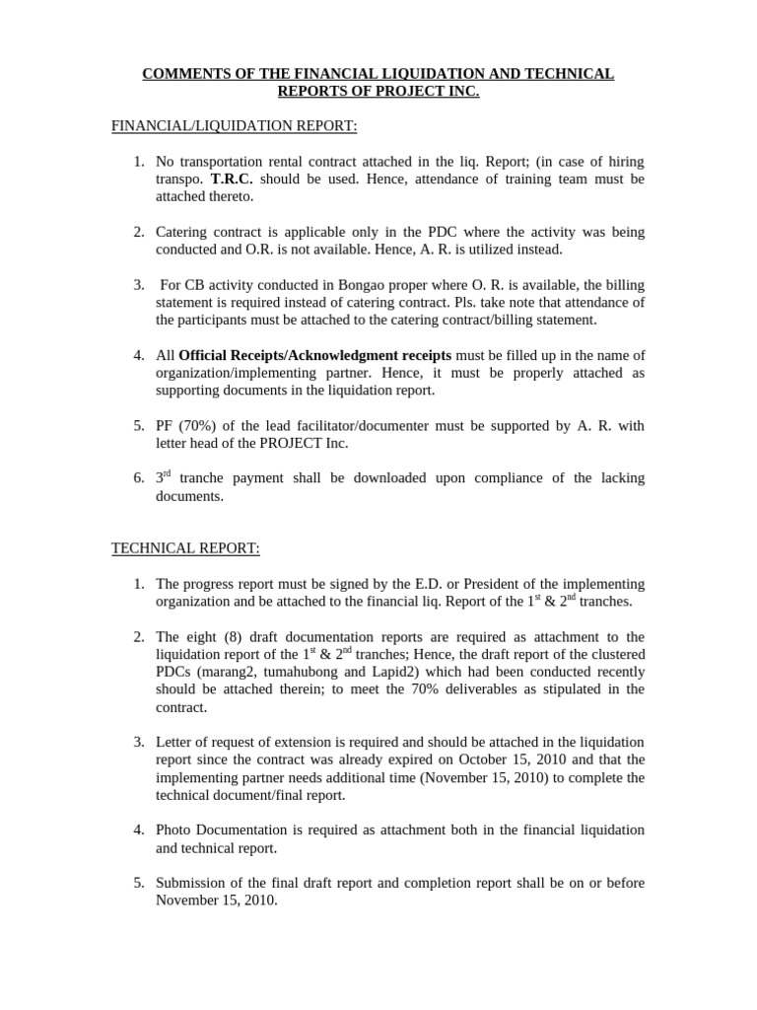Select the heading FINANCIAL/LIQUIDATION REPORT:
point(220,125)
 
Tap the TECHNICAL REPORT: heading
point(185,547)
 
